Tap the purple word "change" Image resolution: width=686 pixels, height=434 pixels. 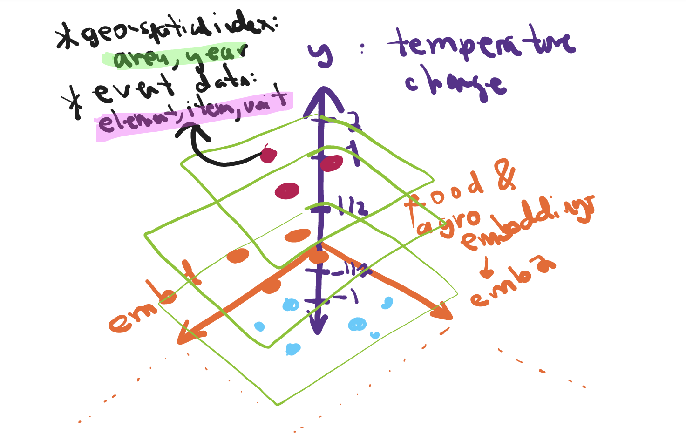pos(454,84)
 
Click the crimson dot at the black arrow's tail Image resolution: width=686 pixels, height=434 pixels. pos(268,155)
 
